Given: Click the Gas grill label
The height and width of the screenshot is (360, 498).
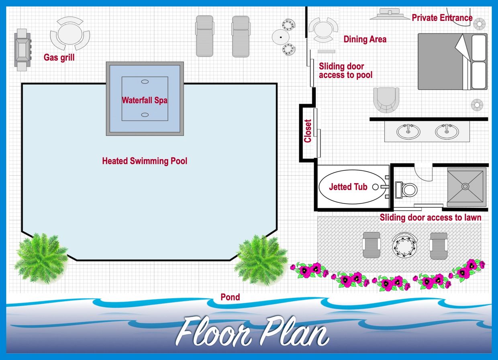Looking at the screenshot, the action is click(59, 57).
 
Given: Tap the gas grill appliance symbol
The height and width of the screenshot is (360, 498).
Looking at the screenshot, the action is click(22, 50).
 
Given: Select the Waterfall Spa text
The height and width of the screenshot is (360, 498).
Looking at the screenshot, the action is click(145, 100).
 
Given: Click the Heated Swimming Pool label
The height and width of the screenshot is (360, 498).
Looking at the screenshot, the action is click(145, 161).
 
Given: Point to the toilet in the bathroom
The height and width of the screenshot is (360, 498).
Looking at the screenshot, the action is click(406, 190).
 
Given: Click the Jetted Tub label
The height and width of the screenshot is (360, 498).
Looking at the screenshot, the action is click(348, 187).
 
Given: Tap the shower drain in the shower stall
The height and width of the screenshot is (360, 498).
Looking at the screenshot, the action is click(465, 186).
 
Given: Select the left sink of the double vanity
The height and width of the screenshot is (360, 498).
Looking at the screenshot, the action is click(408, 131).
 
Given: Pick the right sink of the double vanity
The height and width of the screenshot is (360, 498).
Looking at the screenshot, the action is click(447, 131).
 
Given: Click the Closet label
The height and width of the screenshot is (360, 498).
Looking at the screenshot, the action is click(308, 131).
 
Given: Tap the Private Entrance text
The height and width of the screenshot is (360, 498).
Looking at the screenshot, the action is click(442, 18).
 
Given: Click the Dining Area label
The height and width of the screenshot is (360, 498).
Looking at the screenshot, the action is click(365, 39).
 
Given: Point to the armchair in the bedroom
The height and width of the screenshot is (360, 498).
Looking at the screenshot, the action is click(386, 100).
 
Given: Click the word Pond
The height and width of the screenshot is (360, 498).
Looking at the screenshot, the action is click(231, 297).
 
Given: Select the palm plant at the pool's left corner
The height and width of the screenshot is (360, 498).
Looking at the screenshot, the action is click(41, 259).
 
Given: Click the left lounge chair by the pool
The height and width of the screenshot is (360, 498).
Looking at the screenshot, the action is click(204, 36).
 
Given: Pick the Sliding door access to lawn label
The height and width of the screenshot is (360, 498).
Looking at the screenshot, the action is click(431, 217).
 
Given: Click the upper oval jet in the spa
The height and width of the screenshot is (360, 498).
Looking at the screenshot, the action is click(145, 82).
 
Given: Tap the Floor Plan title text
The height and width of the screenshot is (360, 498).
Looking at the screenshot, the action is click(252, 332).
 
